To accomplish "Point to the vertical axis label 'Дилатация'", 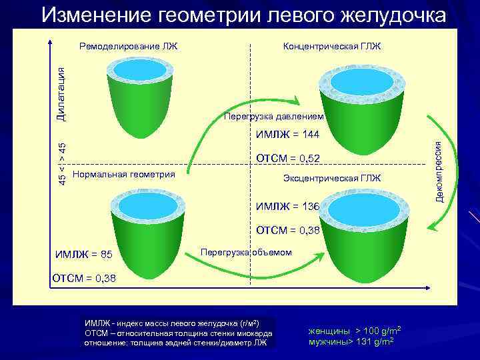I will point(61,93).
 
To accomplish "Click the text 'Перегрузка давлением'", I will point(274,116).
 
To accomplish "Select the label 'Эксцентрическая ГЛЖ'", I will point(332,178).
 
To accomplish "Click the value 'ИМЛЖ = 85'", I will point(84,254).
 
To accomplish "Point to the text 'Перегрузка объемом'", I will point(247,251).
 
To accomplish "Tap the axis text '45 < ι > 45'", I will point(61,164).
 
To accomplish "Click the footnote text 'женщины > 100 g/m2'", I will point(354,331).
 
